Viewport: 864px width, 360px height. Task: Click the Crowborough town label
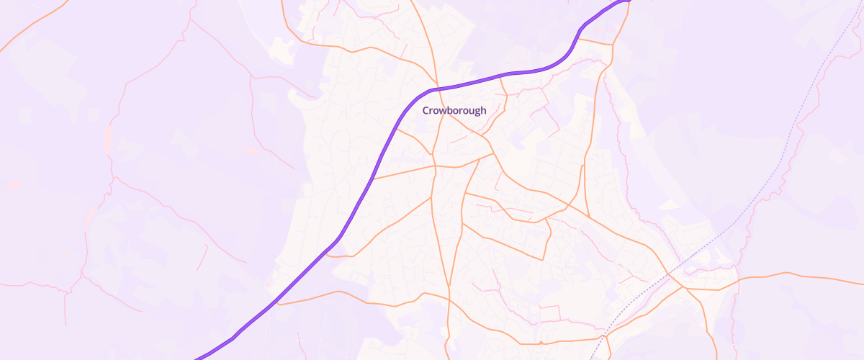[x=454, y=111]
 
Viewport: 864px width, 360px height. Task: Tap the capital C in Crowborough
[x=426, y=111]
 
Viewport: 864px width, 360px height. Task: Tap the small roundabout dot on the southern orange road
[x=602, y=337]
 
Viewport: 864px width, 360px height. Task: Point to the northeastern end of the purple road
[x=628, y=1]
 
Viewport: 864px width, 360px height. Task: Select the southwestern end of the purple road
[x=196, y=358]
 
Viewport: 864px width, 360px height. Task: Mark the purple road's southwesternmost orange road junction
[x=278, y=304]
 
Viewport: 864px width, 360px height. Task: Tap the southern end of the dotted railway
[x=590, y=358]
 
